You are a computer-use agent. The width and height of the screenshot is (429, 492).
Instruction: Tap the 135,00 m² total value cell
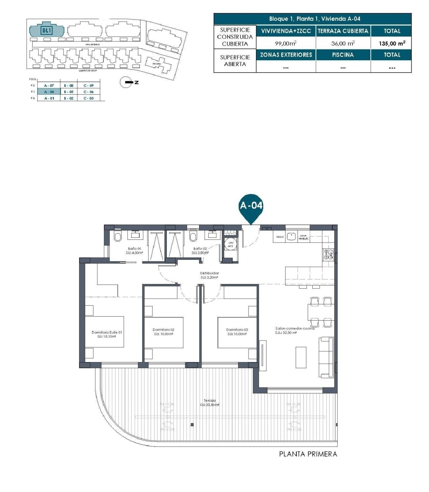click(x=392, y=43)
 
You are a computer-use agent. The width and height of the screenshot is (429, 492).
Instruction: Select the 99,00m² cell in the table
click(x=285, y=43)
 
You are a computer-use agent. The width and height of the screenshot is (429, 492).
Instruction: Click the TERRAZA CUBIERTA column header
click(x=343, y=31)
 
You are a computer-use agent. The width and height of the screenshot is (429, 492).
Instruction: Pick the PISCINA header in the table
click(x=343, y=55)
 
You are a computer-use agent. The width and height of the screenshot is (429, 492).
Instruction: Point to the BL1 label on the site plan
click(x=46, y=30)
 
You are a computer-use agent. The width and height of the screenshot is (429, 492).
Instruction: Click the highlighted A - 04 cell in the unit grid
click(x=49, y=92)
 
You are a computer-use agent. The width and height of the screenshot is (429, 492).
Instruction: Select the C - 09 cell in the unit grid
click(x=88, y=85)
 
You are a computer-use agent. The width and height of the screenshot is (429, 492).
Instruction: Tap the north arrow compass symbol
click(x=126, y=82)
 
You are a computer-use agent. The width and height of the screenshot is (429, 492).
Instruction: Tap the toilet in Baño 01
click(x=118, y=237)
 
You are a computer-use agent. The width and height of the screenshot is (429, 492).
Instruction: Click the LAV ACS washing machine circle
click(x=231, y=244)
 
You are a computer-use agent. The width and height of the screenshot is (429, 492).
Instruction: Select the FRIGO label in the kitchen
click(x=280, y=237)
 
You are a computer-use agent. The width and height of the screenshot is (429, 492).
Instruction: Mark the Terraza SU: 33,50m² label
click(x=210, y=403)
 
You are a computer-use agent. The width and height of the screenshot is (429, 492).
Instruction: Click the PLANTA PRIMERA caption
click(x=308, y=454)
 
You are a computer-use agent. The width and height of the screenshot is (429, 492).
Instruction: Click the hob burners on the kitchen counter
click(x=328, y=254)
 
